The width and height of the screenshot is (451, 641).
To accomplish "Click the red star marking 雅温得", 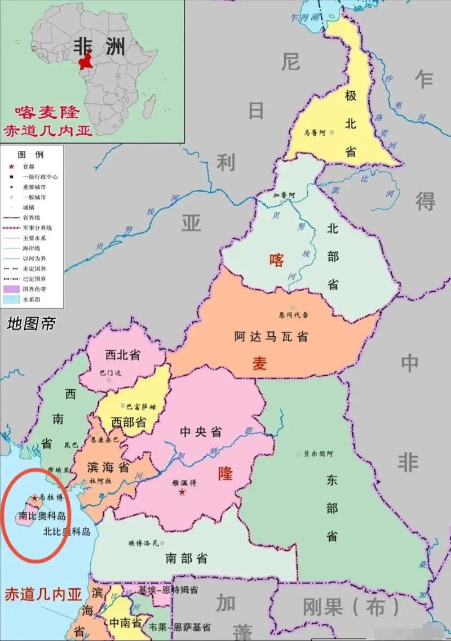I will point(182,493).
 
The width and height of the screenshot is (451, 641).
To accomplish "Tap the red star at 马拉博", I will point(34,498).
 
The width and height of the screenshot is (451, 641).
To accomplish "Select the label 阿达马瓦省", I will point(271,337).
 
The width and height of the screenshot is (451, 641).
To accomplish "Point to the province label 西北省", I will point(122,355).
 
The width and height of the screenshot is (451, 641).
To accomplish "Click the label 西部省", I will point(129,421).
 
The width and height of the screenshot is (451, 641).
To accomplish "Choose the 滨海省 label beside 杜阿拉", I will point(108,467).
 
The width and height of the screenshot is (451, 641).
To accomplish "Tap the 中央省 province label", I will point(201,432).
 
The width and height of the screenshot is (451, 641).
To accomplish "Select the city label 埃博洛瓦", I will point(143,543).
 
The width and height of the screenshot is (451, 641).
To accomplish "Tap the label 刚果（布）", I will point(351,607).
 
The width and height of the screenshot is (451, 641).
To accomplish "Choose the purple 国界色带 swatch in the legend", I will point(11,289).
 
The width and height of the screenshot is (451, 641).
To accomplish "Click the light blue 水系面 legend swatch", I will point(11,299).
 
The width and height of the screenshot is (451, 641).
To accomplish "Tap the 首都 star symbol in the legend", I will point(11,167).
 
